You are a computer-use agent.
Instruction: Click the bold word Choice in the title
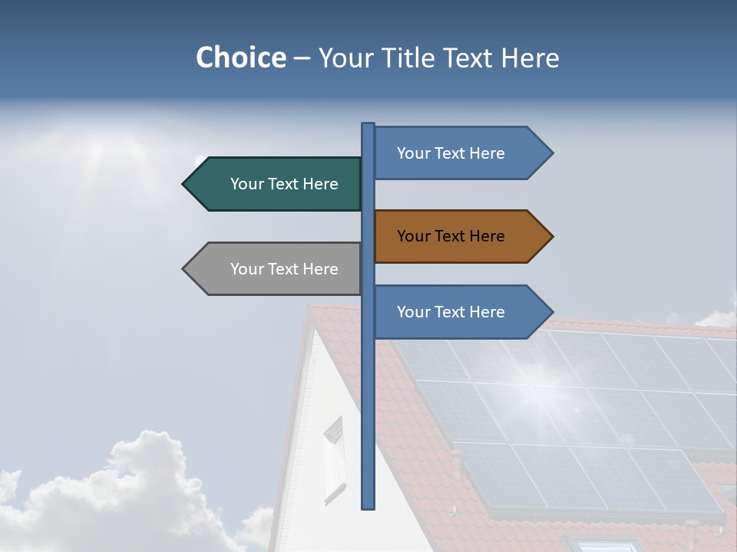coord(240,58)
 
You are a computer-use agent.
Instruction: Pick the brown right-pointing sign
coord(457,236)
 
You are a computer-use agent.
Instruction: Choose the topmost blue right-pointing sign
coord(457,153)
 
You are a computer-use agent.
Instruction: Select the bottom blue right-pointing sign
coord(457,312)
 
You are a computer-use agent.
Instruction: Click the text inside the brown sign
coord(451,236)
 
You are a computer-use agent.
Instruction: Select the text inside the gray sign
coord(284,269)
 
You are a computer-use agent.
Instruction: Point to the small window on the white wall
coord(334,460)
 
